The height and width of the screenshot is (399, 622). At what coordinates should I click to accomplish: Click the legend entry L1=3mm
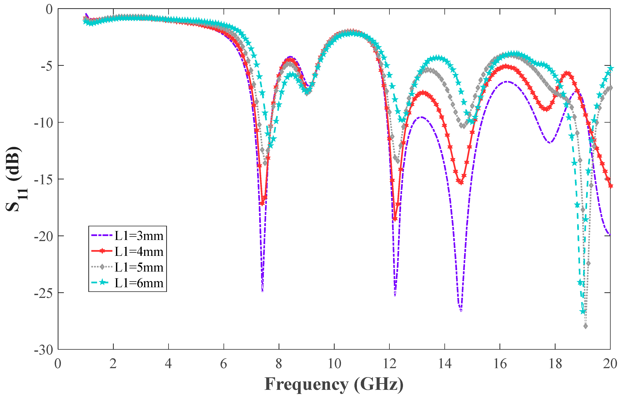point(139,236)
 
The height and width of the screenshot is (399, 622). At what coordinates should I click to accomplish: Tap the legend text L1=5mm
point(139,267)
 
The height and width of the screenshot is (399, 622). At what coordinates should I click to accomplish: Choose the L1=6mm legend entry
point(139,283)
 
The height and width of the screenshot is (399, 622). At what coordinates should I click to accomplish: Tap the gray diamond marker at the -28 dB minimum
point(586,326)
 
